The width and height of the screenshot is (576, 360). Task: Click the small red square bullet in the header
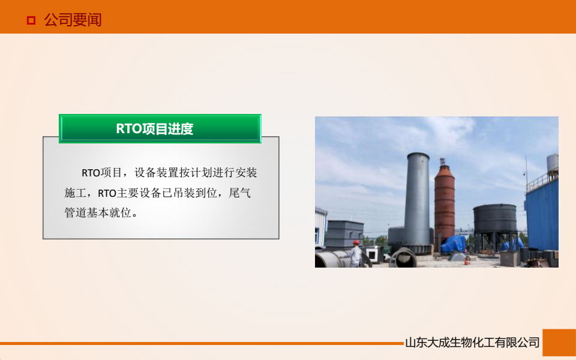[31, 21]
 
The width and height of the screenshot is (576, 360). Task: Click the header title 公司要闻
[73, 20]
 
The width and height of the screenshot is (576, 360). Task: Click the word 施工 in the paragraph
[75, 193]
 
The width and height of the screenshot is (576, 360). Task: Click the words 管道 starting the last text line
[75, 213]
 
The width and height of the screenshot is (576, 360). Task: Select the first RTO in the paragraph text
[91, 173]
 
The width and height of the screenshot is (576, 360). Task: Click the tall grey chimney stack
[417, 198]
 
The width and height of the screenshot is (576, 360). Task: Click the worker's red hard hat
[356, 242]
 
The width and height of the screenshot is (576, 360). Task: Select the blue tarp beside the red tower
[454, 244]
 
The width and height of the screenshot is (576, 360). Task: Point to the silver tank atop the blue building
[552, 163]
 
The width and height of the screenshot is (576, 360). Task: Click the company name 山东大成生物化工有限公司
[472, 343]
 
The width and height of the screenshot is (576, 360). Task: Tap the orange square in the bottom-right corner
[559, 343]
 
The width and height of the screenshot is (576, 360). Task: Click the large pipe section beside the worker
[332, 259]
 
